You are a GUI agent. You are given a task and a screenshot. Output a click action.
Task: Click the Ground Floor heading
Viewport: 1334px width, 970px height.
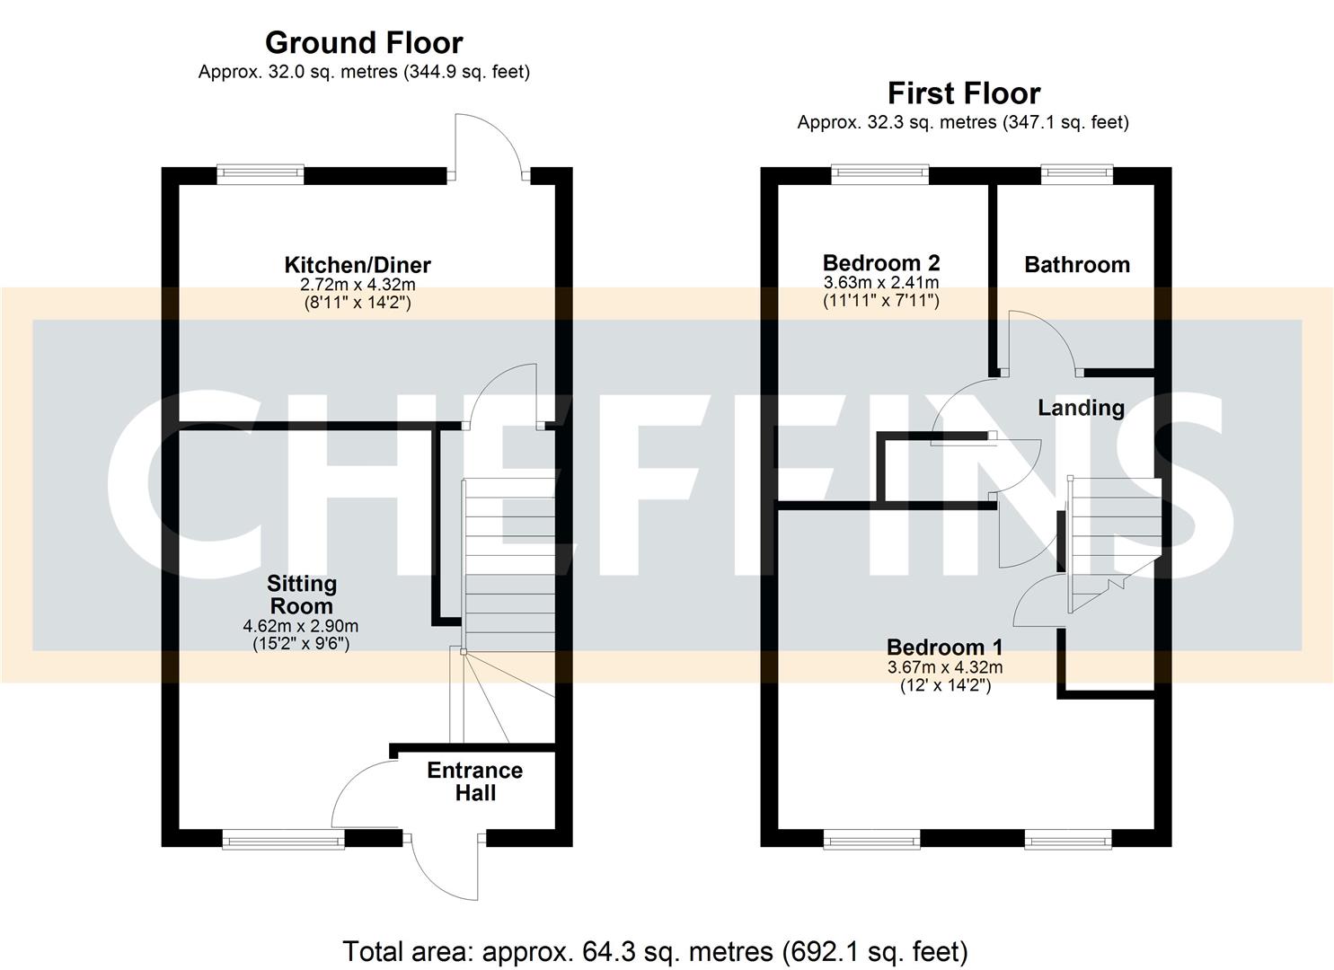(x=364, y=42)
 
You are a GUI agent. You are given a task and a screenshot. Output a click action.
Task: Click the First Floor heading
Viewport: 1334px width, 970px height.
(x=963, y=93)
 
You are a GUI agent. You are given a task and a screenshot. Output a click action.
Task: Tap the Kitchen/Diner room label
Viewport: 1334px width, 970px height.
(x=358, y=265)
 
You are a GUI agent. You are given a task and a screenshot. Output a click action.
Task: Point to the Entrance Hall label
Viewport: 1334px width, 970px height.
(x=474, y=781)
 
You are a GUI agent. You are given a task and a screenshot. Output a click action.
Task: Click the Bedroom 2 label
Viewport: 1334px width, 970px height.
(x=881, y=262)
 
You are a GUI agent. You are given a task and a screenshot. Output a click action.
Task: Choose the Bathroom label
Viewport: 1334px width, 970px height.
(x=1076, y=264)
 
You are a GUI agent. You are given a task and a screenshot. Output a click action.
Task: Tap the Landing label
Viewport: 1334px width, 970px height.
(x=1081, y=408)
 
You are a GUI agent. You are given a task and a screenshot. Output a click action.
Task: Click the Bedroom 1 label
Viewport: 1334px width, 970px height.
(x=944, y=647)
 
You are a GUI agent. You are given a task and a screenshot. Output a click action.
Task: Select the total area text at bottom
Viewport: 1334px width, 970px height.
(x=655, y=951)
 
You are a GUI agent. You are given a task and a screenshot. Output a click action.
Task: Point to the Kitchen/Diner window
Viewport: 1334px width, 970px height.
(x=261, y=175)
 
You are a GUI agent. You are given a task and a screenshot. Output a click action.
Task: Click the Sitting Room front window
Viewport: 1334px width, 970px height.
(x=284, y=840)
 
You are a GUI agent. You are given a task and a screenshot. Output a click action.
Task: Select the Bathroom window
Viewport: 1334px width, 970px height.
(x=1076, y=175)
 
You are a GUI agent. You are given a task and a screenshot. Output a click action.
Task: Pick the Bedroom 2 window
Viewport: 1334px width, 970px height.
(x=879, y=175)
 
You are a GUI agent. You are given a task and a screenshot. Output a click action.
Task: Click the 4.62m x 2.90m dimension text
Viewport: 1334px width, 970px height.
(x=301, y=626)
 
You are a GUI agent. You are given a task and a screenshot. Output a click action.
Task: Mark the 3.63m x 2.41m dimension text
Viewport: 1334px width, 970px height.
(x=881, y=283)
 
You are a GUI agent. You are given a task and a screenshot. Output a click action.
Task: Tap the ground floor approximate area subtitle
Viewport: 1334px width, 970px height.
(x=364, y=72)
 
